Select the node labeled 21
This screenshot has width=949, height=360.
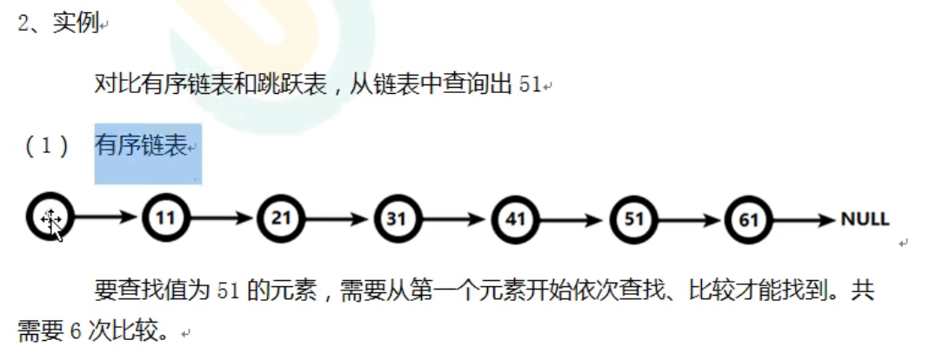click(281, 218)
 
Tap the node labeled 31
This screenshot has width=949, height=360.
click(398, 218)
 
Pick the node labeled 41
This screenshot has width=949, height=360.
click(515, 218)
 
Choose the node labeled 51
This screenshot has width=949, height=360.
click(632, 218)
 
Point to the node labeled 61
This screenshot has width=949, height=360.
click(748, 218)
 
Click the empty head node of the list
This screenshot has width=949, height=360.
click(49, 218)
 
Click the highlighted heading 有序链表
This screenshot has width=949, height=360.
click(142, 147)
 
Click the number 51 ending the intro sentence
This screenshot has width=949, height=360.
click(529, 85)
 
